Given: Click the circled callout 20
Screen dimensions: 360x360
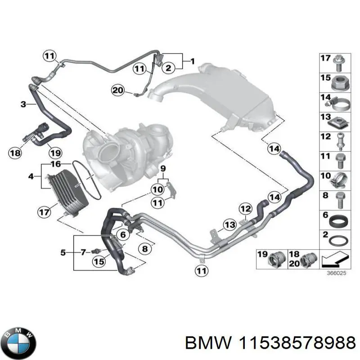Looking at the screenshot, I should (x=117, y=90).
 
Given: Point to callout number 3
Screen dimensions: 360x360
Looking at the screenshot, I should (x=23, y=104).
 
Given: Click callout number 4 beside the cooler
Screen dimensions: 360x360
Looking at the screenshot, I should (x=31, y=176).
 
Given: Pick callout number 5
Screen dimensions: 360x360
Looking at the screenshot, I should (x=63, y=252).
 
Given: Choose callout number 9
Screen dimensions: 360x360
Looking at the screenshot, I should (x=163, y=169).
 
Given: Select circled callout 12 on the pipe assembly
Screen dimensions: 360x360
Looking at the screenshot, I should (x=245, y=208).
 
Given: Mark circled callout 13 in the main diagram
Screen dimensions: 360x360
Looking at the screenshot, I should (x=229, y=225).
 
